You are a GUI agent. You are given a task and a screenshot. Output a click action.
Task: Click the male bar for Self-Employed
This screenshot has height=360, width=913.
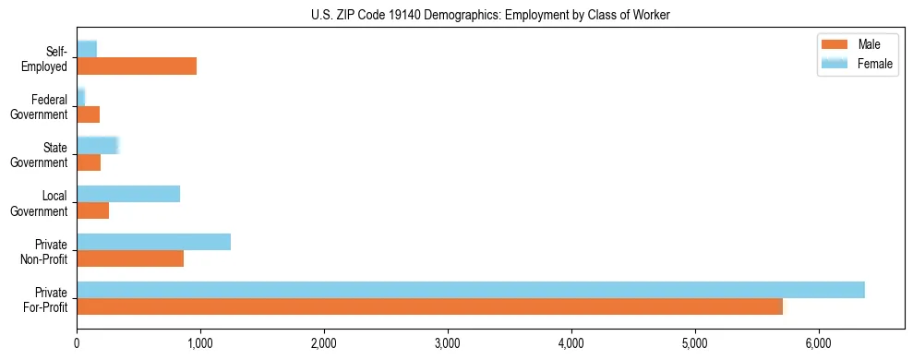coord(137,66)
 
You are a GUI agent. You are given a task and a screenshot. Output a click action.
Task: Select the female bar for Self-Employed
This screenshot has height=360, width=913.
coord(87,49)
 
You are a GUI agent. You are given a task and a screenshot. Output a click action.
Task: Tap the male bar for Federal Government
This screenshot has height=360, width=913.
coord(88,114)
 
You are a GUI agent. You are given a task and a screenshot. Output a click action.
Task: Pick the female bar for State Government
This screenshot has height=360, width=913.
coord(98,145)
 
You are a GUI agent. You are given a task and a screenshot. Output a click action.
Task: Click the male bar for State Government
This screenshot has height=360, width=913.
coord(89,162)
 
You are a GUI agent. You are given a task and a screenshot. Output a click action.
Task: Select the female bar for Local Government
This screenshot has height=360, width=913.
coord(128,194)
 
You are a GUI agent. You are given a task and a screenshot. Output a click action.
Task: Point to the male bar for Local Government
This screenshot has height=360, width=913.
coord(92,211)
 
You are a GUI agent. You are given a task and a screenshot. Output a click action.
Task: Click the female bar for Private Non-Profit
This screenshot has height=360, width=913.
coord(153,242)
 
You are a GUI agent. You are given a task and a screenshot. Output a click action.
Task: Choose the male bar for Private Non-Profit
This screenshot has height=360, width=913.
coord(130,259)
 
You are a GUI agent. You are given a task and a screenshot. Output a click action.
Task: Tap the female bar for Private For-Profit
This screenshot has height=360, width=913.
coord(471,290)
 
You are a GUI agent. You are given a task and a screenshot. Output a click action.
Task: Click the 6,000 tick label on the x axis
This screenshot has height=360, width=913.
coord(819,345)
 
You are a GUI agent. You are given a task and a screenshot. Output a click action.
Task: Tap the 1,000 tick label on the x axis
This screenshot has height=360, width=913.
coord(200,345)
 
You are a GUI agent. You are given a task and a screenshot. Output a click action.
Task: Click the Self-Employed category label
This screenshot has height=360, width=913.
coord(49,58)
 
